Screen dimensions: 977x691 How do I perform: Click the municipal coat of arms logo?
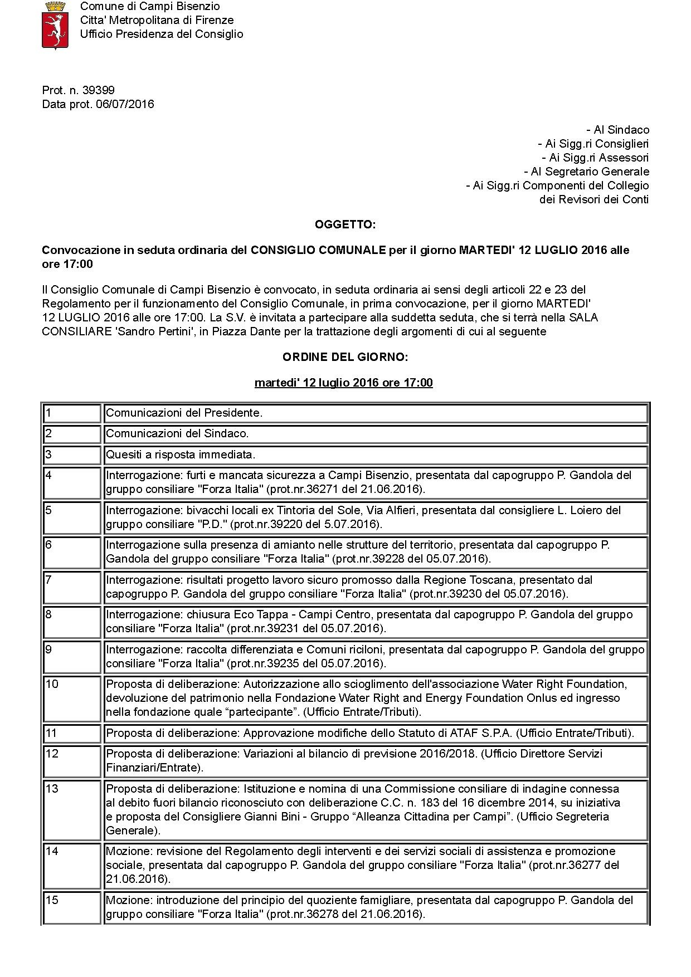coord(55,25)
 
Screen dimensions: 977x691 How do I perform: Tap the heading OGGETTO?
coord(345,224)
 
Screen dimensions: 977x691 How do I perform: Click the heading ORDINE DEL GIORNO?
coord(345,357)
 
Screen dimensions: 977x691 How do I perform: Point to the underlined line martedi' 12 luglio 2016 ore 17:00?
coord(343,383)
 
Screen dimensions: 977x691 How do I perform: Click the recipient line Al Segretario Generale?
coord(586,172)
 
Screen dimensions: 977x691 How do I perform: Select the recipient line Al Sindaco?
coord(617,130)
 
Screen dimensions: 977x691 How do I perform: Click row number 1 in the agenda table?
coord(49,413)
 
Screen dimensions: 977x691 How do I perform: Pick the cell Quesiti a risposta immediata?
coord(181,455)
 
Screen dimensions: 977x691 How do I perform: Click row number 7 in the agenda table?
coord(49,580)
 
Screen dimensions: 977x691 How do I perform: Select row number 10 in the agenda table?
coord(52,684)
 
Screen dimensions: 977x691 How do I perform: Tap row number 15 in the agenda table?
coord(52,900)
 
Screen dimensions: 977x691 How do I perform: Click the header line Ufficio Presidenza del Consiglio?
coord(162,34)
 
